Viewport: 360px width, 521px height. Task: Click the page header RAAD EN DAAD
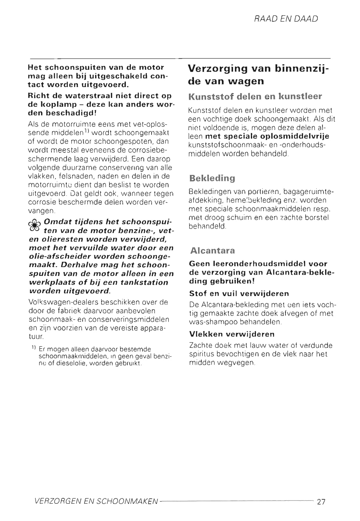coord(286,19)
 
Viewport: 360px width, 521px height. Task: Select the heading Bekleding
coord(212,178)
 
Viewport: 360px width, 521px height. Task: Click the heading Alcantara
coord(212,251)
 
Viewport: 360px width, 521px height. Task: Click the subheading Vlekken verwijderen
coord(232,334)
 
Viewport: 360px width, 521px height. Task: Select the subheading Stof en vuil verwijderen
coord(239,294)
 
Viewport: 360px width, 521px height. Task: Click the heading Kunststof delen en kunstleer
coord(255,97)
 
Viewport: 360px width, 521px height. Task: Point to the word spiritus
coord(201,354)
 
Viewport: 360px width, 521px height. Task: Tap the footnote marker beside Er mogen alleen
coord(33,348)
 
